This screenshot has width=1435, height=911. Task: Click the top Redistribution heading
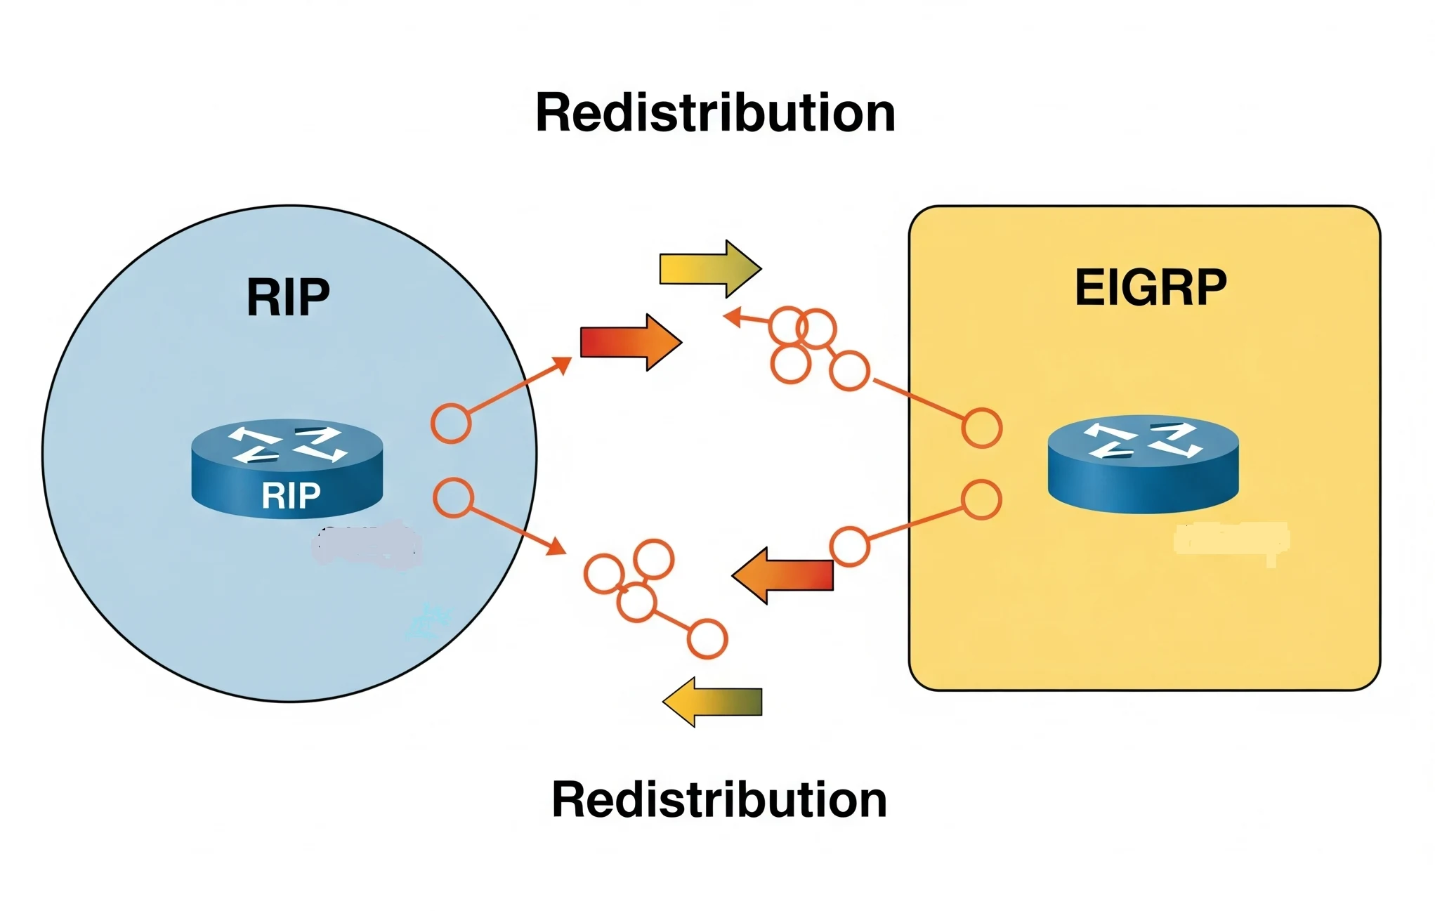pos(715,113)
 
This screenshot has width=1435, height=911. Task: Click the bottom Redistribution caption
pos(719,800)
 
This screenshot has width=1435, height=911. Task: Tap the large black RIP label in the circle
pos(288,297)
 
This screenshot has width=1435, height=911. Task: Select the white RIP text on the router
pos(291,496)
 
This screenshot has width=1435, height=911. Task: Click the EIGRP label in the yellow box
pos(1151,287)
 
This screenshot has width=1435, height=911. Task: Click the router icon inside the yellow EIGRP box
pos(1143,464)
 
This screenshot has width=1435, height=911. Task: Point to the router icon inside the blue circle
pos(287,467)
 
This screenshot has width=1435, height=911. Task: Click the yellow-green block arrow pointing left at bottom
pos(712,702)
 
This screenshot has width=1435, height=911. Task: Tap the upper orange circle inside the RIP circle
pos(450,424)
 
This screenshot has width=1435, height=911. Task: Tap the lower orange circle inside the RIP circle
pos(453,498)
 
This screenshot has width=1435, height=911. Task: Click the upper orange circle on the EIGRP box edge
pos(981,428)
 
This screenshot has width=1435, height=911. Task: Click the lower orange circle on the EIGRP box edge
pos(981,500)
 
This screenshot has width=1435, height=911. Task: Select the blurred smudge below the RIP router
pos(367,545)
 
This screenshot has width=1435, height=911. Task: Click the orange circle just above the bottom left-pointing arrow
pos(707,638)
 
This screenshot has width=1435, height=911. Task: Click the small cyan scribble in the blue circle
pos(428,622)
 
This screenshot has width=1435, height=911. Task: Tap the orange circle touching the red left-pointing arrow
pos(849,546)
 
